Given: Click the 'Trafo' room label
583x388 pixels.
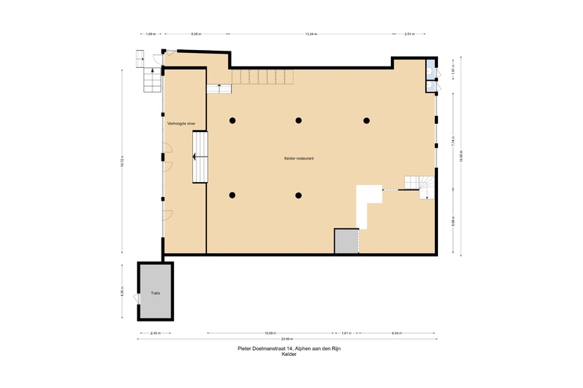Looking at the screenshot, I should pyautogui.click(x=155, y=293).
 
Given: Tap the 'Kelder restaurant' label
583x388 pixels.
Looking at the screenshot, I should pyautogui.click(x=298, y=158).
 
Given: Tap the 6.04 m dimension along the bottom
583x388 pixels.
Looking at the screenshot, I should pyautogui.click(x=397, y=333).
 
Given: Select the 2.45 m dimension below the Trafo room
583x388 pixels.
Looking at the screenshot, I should pyautogui.click(x=155, y=333).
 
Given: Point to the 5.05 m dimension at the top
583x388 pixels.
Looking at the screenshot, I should pyautogui.click(x=197, y=34).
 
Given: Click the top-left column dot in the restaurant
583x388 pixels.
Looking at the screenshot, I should pyautogui.click(x=233, y=120).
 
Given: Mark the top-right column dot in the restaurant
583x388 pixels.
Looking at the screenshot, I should pyautogui.click(x=366, y=120).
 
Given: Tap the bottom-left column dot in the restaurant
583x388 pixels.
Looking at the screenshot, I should pyautogui.click(x=233, y=195).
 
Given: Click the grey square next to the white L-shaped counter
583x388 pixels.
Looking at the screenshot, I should pyautogui.click(x=346, y=241).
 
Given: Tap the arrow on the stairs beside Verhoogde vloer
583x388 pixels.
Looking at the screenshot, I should pyautogui.click(x=197, y=157).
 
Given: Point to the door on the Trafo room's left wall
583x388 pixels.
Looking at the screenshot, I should pyautogui.click(x=136, y=298).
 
